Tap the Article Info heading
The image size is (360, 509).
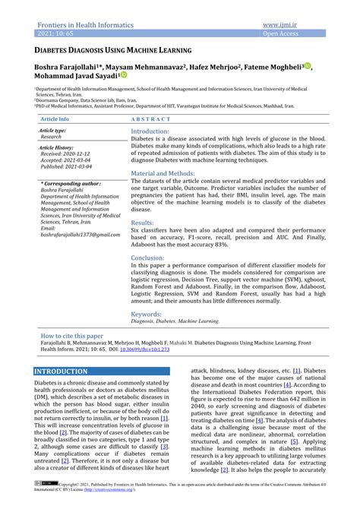tap(55, 120)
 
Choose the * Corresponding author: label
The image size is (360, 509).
tap(70, 183)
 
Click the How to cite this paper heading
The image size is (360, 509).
tap(71, 335)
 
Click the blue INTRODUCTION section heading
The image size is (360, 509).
tap(62, 371)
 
